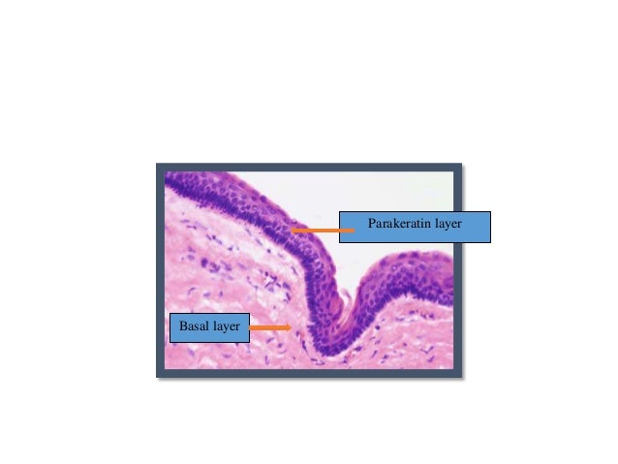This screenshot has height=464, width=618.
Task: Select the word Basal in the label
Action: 194,327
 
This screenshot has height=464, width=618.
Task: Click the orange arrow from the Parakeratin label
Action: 315,231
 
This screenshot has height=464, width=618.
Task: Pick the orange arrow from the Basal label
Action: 270,328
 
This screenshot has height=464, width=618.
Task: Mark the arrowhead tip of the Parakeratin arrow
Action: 291,231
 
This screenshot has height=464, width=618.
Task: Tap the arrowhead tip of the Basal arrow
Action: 292,328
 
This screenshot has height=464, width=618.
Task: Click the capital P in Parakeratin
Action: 372,225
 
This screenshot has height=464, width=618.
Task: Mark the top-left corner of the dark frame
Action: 158,165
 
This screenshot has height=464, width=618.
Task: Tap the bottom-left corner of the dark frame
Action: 158,376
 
